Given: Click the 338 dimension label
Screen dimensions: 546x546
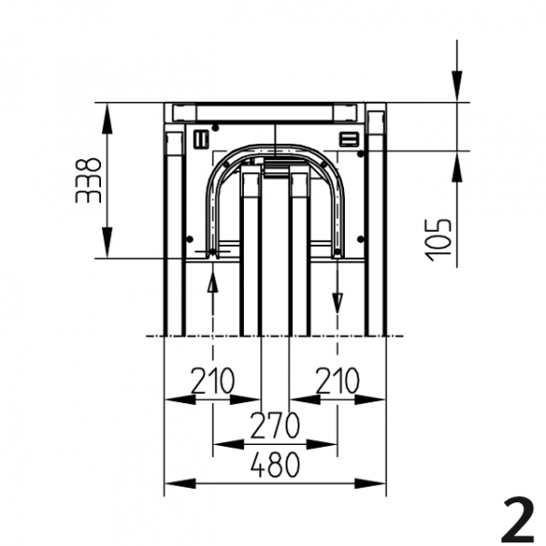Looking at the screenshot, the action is point(88,181).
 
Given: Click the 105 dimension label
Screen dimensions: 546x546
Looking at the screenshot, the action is point(439,240).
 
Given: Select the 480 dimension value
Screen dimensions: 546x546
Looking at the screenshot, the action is point(275,464).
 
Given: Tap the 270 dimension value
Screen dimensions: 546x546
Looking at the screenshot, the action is point(275,425).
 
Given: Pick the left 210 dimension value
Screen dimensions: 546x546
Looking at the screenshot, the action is point(213,380).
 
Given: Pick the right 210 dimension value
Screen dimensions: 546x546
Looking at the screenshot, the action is point(337,380).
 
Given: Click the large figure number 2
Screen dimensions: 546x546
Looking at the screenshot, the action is point(518,520).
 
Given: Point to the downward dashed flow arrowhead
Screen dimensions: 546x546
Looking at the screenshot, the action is point(337,303).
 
